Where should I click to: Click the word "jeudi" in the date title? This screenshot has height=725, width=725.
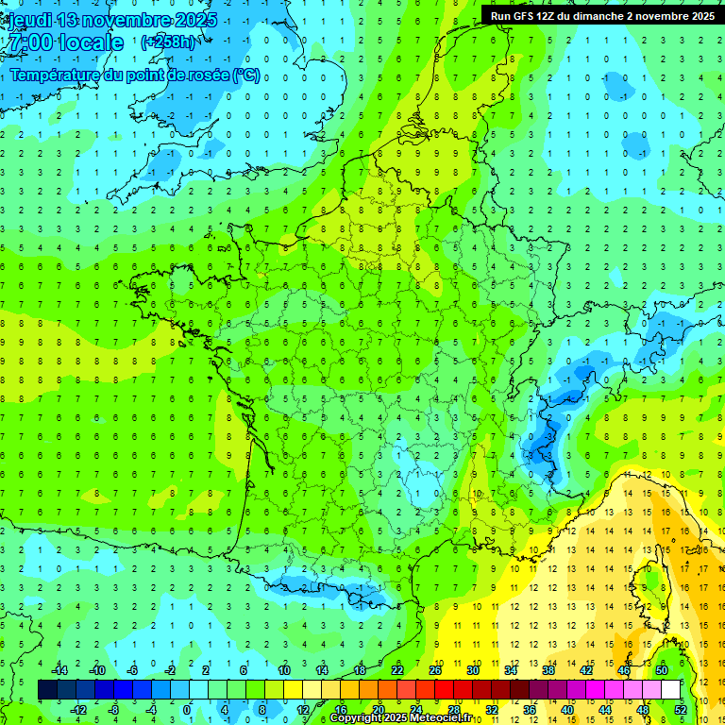[x=29, y=20]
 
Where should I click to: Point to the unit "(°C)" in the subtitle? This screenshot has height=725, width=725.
[x=246, y=76]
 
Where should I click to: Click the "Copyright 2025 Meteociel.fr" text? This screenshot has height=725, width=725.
[x=400, y=718]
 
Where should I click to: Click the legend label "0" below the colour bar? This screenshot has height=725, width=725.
[x=187, y=710]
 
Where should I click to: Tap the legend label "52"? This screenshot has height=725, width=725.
[x=682, y=710]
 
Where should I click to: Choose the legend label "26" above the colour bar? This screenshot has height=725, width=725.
[x=435, y=670]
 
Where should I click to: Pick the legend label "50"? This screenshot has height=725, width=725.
[x=662, y=670]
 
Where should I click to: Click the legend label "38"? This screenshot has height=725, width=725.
[x=548, y=670]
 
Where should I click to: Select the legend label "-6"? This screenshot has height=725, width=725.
[x=132, y=670]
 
